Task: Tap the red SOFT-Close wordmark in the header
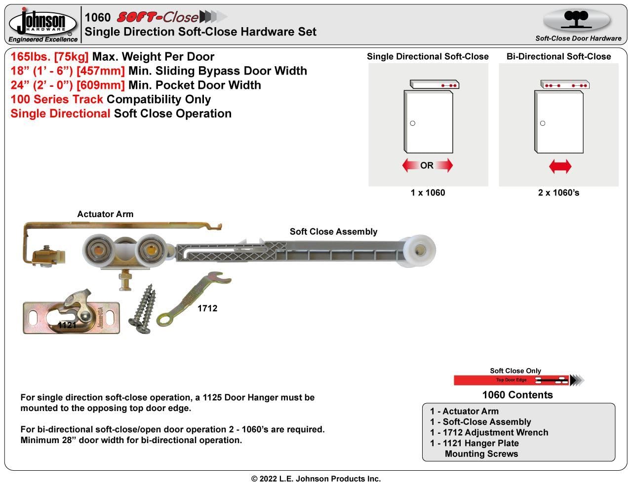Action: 157,17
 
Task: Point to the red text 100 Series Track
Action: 57,99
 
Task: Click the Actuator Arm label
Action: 105,214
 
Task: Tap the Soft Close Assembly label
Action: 333,231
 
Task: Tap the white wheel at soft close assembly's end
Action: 419,251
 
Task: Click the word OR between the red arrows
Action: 427,165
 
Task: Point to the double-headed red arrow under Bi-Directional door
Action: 560,166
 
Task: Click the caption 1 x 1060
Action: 428,192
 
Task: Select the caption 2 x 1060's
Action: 558,192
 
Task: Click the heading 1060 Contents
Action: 517,395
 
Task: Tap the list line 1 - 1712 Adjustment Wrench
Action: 489,432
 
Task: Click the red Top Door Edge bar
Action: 511,380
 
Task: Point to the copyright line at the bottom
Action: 316,479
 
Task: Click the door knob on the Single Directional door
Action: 413,123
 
